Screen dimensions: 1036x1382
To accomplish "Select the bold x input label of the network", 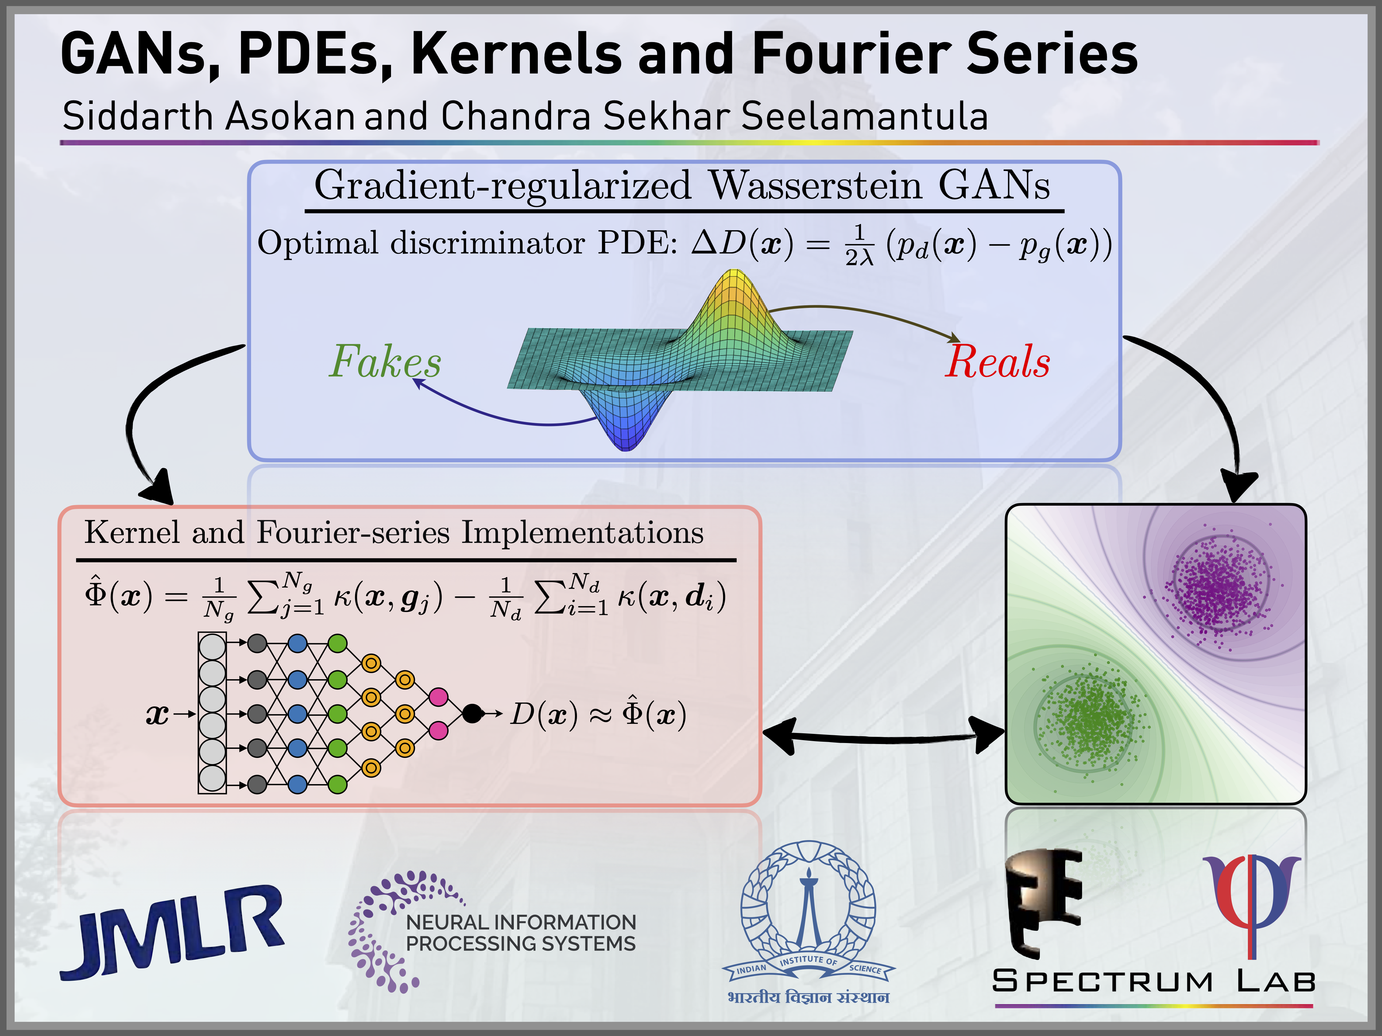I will click(x=157, y=714).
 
